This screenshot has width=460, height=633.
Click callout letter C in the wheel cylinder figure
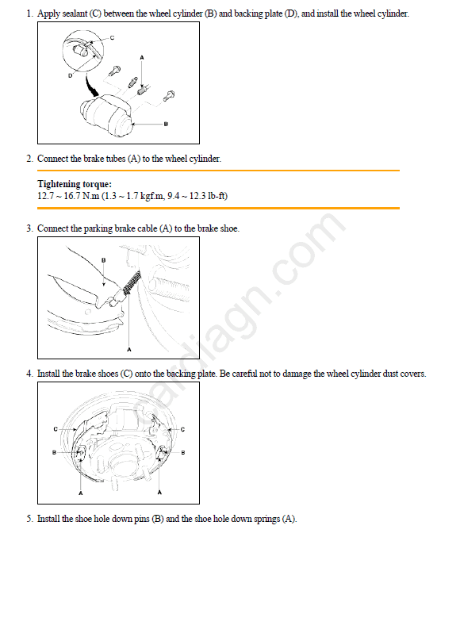[x=112, y=37]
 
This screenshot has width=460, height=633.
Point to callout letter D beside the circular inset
[x=71, y=75]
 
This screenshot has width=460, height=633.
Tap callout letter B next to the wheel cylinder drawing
[x=166, y=124]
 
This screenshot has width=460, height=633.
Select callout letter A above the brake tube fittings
[x=142, y=58]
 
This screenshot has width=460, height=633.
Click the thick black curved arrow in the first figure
[x=91, y=85]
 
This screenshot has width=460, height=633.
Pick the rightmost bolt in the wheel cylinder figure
[x=169, y=96]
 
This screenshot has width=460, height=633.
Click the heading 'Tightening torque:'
[x=75, y=184]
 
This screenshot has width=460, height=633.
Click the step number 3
[x=29, y=228]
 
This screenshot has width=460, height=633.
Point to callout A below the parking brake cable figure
[x=129, y=350]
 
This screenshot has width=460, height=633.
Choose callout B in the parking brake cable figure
[x=104, y=260]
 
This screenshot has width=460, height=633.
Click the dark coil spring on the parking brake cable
[x=132, y=282]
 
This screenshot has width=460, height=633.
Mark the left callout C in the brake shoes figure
[x=56, y=429]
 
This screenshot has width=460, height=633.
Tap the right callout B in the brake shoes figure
[x=183, y=453]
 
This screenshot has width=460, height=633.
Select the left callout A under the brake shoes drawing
[x=81, y=493]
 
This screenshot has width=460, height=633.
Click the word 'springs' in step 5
[x=266, y=519]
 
